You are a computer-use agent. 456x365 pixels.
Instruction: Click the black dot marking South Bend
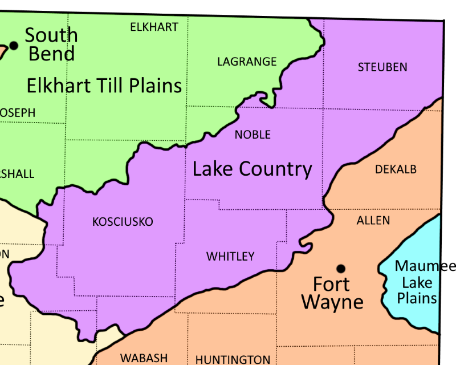(x=14, y=45)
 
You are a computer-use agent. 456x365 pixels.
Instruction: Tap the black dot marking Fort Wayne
(x=341, y=268)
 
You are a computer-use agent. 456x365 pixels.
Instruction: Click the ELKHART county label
(x=154, y=27)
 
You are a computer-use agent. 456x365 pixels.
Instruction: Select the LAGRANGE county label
(x=247, y=62)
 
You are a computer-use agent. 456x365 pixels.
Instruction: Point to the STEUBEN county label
(x=382, y=67)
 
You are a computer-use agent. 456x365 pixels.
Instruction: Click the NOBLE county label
(x=253, y=135)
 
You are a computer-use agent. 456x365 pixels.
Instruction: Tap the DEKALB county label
(x=396, y=169)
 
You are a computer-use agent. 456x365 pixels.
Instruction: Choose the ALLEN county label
(x=373, y=220)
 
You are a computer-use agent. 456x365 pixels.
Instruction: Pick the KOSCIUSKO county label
(x=123, y=222)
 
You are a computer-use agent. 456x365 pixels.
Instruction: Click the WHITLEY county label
(x=230, y=257)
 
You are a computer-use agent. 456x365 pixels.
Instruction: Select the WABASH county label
(x=144, y=358)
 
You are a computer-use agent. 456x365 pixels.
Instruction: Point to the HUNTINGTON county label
(x=233, y=359)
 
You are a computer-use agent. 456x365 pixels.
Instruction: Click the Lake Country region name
(x=252, y=169)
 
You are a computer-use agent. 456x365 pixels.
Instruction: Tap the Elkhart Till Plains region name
(x=104, y=86)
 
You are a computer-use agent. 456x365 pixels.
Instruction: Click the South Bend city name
(x=51, y=44)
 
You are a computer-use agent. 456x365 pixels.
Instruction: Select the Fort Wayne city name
(x=332, y=292)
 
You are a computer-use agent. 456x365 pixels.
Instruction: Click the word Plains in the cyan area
(x=417, y=298)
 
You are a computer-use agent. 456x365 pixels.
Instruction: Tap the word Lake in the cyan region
(x=417, y=282)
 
